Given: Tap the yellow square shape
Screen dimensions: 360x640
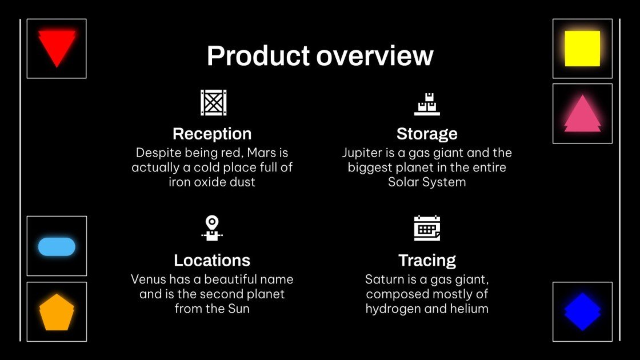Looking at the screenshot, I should coord(582,49).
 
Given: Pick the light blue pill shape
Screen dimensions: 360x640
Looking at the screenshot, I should coord(57,246).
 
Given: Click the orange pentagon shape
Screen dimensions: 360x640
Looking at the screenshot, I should coord(57,313).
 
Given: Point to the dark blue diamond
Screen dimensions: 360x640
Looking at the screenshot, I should coord(582,312).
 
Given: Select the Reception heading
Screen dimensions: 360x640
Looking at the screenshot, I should coord(212,134).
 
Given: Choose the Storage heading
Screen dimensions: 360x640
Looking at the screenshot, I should coord(427,134).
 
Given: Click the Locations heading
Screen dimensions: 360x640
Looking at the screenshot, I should coord(212,261).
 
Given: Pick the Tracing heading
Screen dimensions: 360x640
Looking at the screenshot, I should coord(427,261).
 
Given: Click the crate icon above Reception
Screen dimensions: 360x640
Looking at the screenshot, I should coord(213,103).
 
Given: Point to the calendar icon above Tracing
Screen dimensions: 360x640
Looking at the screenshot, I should coord(427,229).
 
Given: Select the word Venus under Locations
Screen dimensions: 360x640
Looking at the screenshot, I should coord(149,279).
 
